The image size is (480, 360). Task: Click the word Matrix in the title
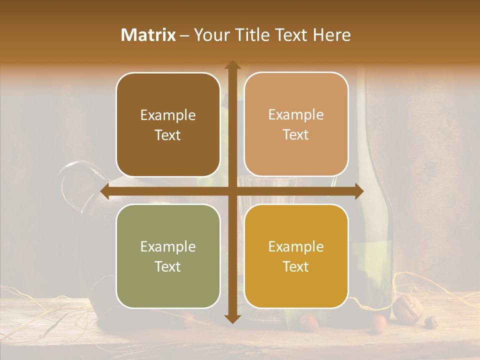(148, 35)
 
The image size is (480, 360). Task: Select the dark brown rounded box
(168, 125)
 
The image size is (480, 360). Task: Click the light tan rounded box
(296, 124)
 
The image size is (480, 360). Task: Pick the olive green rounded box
(168, 256)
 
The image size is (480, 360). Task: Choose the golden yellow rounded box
(296, 256)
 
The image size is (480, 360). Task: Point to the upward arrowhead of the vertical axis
(232, 65)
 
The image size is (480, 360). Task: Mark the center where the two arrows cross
(232, 191)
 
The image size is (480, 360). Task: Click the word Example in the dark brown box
(168, 115)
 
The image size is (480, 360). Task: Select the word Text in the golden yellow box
(296, 266)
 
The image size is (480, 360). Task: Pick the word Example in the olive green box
(168, 247)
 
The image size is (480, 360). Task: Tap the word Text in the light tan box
(296, 134)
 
